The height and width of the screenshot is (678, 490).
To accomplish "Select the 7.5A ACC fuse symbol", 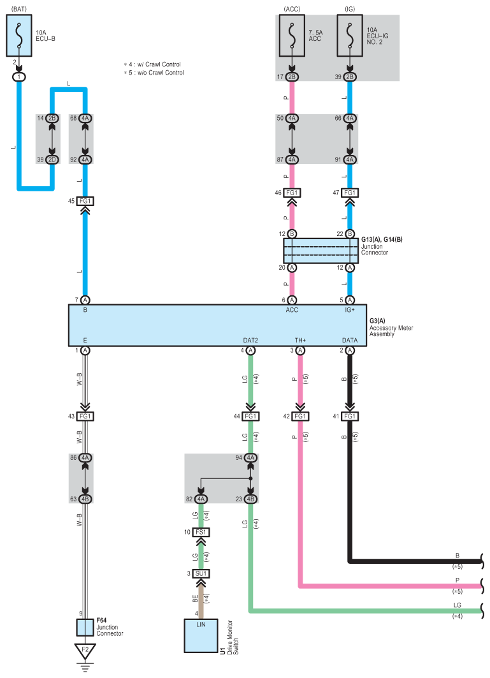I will pos(292,37).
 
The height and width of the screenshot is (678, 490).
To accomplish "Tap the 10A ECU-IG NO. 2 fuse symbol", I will pos(350,37).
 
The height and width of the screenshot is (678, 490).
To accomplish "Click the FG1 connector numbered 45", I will pos(85,202).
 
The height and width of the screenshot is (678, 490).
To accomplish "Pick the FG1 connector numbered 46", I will pos(292,192).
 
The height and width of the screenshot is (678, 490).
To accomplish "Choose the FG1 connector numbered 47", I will pos(350,192).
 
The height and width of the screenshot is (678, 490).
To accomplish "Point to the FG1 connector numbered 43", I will pos(85,416).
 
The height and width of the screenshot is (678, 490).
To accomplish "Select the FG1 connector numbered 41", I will pos(350,416).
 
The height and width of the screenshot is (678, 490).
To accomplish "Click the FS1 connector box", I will pos(201,531).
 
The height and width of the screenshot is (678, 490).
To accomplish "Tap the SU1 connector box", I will pos(201,574).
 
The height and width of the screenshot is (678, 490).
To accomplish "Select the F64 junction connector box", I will pos(85,627).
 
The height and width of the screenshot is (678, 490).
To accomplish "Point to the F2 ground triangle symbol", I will pos(85,651).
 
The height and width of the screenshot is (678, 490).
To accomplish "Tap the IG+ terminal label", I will pos(349,311).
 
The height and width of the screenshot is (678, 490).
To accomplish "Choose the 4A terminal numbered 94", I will pos(250,457).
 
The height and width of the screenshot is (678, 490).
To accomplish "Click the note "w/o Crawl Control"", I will pos(157,73).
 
